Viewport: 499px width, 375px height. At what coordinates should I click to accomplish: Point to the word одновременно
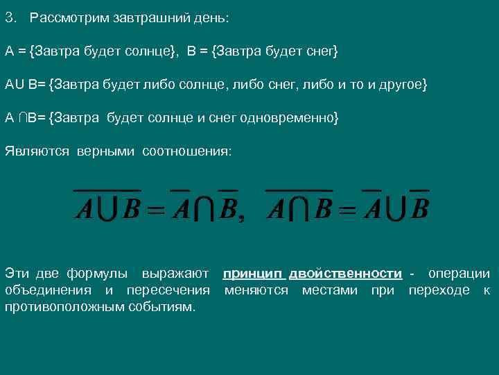(287, 117)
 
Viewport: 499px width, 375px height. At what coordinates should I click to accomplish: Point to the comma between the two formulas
(241, 218)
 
